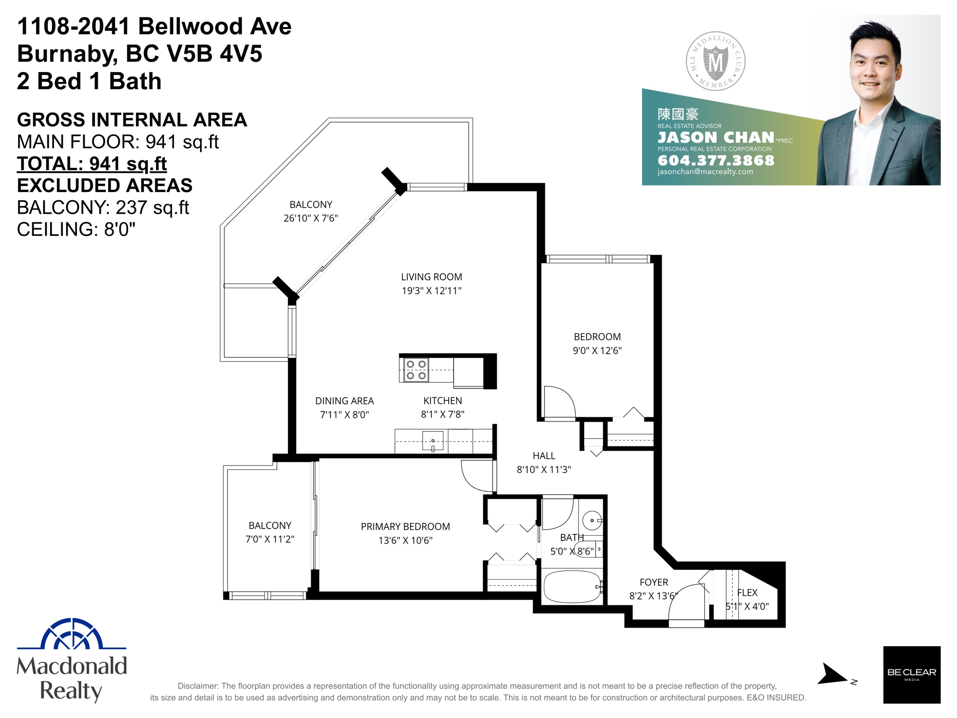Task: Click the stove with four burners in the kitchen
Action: pos(416,370)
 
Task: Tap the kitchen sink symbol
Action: pos(433,441)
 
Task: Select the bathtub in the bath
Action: pos(572,586)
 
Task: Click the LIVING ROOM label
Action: pos(431,277)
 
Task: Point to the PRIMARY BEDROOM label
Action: pos(405,527)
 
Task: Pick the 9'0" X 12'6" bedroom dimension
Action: pos(597,351)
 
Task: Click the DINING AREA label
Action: pos(344,401)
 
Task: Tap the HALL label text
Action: pos(544,456)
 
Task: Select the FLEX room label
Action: pos(747,593)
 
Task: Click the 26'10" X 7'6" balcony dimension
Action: pos(311,218)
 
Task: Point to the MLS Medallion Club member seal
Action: pos(715,61)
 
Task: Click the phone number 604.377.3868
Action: pos(716,160)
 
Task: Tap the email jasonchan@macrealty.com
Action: pos(705,172)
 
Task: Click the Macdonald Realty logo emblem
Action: pos(71,634)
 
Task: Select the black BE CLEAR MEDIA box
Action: pos(911,675)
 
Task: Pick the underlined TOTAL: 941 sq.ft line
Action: pos(92,164)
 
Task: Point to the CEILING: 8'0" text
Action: pos(76,230)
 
